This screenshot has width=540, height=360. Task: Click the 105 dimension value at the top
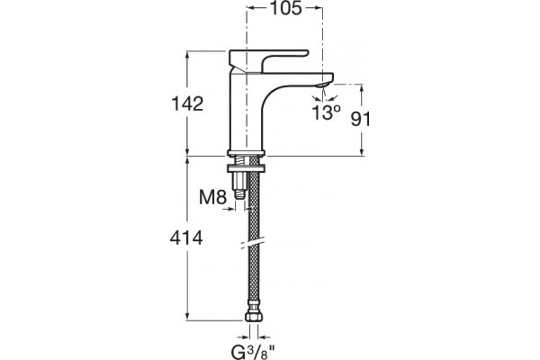[x=285, y=9]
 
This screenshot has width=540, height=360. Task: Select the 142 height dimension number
[x=187, y=103]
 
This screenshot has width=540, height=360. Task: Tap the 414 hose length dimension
[x=186, y=238]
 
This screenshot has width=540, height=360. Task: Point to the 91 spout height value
[x=361, y=119]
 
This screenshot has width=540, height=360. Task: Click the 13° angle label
[x=326, y=112]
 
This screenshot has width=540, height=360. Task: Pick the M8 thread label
[x=212, y=197]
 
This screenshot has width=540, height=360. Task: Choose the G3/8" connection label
[x=253, y=351]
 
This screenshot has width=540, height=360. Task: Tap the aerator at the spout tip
[x=324, y=85]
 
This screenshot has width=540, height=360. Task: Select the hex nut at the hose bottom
[x=253, y=318]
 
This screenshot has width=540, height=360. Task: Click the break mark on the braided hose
[x=253, y=242]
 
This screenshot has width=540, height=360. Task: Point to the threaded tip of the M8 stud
[x=239, y=194]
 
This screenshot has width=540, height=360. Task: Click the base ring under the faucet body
[x=247, y=153]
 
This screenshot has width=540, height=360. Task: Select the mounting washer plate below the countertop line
[x=247, y=168]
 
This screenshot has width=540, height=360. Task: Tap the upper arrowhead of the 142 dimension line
[x=187, y=54]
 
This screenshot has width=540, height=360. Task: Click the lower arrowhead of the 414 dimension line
[x=187, y=318]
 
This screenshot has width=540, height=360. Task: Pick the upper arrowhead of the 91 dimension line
[x=361, y=88]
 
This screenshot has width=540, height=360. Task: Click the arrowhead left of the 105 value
[x=251, y=8]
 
